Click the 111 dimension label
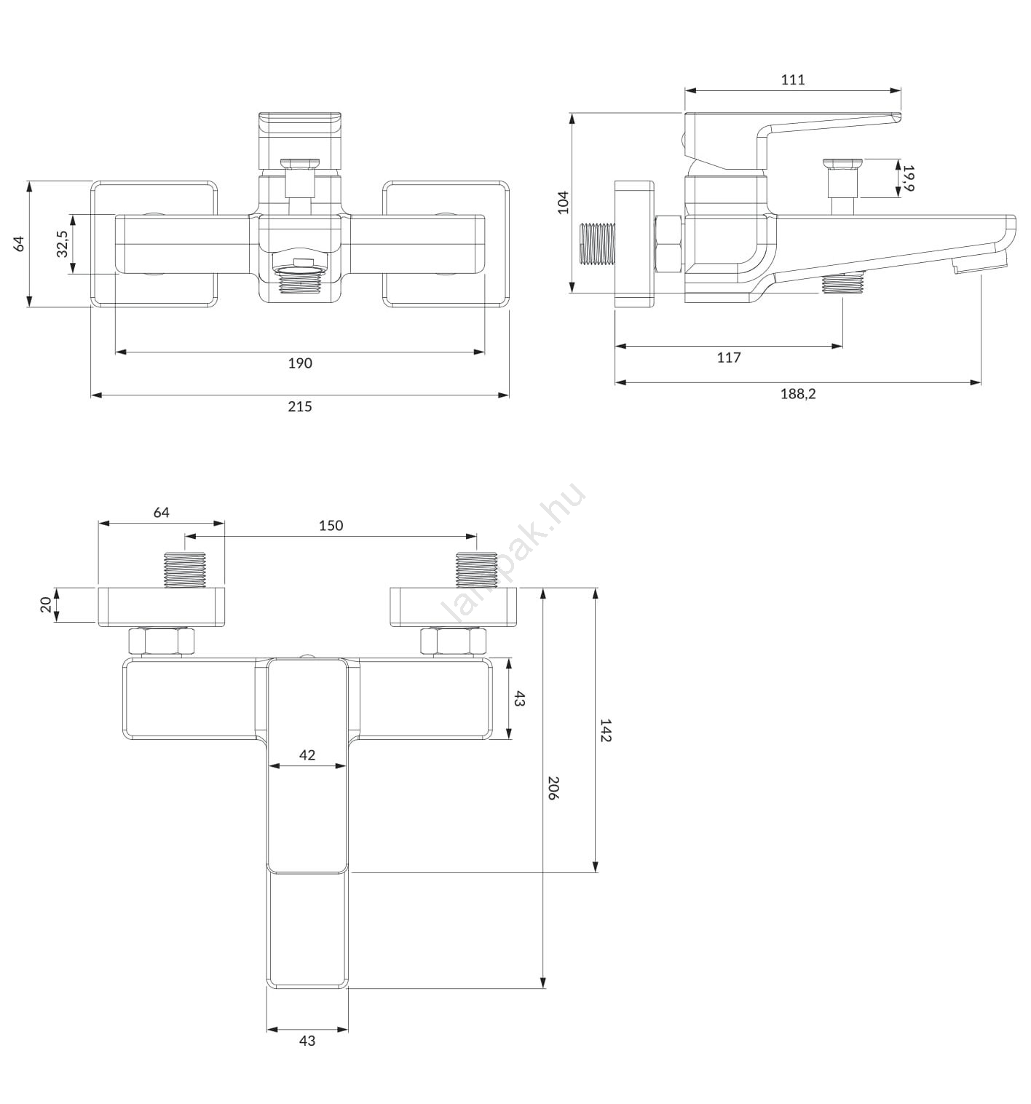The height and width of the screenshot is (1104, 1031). [x=792, y=79]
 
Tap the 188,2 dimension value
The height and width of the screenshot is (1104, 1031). [x=797, y=394]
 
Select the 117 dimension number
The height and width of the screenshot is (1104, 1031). [x=728, y=358]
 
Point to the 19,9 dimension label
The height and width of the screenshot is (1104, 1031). [x=908, y=178]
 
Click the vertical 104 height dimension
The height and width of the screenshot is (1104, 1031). [x=563, y=202]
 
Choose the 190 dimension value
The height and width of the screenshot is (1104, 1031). [x=299, y=363]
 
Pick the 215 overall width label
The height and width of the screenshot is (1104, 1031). [x=299, y=406]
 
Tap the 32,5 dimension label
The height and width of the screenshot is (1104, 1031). [x=62, y=244]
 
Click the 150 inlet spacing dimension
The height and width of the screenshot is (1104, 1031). [x=331, y=525]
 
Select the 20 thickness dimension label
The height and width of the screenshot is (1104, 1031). [x=46, y=604]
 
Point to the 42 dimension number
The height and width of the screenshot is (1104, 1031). [x=307, y=755]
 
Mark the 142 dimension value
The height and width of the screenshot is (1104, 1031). [x=605, y=730]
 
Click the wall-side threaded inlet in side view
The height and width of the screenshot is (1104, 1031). [x=597, y=243]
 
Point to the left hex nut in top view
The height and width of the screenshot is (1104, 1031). [x=161, y=641]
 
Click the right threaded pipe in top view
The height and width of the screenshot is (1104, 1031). [x=476, y=569]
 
